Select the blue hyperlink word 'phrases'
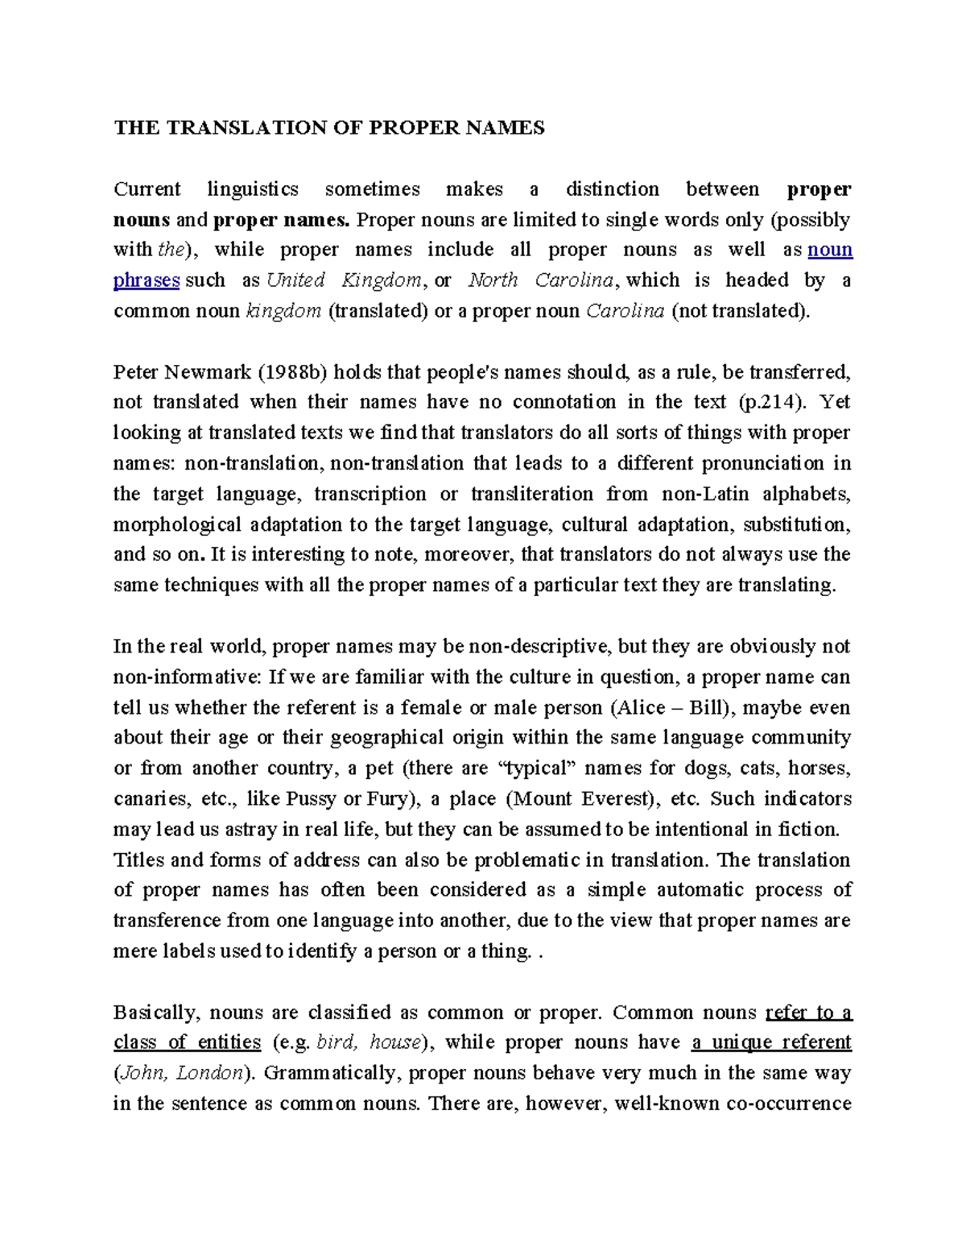(x=146, y=280)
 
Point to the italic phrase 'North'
(x=491, y=280)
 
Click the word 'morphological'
(x=176, y=524)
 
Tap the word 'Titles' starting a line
(x=138, y=860)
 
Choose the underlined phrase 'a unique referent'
(x=770, y=1042)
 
